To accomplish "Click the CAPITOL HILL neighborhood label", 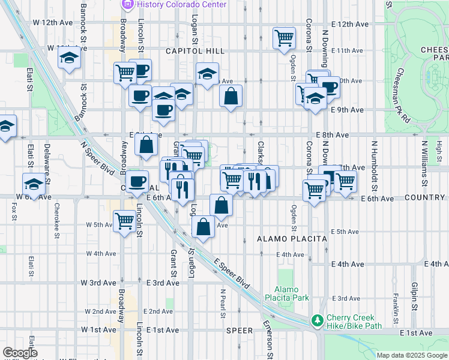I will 181,52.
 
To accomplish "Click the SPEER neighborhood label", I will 240,331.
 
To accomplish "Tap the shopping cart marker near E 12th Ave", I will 284,38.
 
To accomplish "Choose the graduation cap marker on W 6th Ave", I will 34,184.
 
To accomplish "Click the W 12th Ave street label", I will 52,22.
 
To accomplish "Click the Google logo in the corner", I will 20,353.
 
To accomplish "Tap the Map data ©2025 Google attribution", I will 412,355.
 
